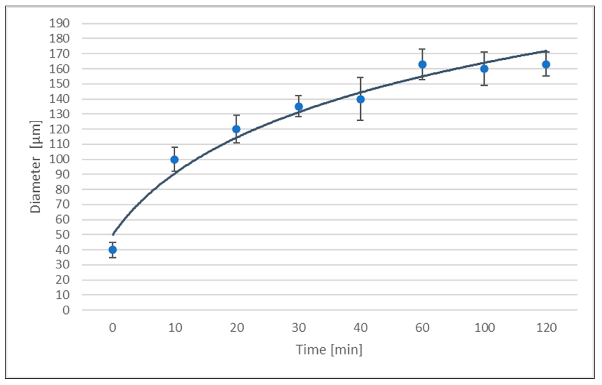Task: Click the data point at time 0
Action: (113, 250)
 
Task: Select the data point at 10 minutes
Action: (174, 159)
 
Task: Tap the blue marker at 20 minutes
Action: (236, 129)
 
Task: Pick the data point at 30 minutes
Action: (298, 106)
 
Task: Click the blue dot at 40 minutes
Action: (360, 99)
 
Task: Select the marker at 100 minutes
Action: (484, 69)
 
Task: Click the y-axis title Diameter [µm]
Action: (36, 167)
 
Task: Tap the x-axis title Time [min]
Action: (329, 350)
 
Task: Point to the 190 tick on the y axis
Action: (59, 24)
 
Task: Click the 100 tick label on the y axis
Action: (59, 159)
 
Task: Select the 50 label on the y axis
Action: (63, 235)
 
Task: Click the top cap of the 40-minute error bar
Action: (360, 78)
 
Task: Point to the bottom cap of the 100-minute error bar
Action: (484, 85)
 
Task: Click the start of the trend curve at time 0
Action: (113, 235)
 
